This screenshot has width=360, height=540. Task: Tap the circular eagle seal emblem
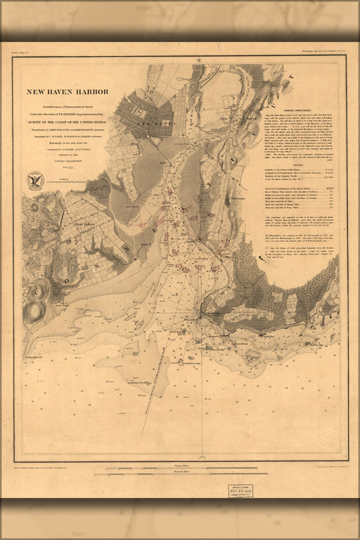tap(35, 180)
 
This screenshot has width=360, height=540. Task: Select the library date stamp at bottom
tap(241, 491)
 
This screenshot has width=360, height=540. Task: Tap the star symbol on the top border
tap(200, 60)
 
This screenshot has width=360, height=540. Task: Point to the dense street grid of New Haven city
tap(144, 112)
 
